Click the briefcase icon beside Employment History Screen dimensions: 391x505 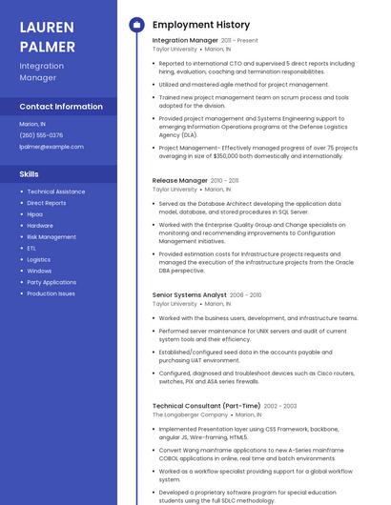[x=135, y=25]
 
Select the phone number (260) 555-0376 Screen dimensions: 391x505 [x=41, y=135]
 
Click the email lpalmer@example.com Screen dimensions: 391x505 [x=51, y=147]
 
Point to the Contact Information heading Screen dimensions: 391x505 [x=61, y=107]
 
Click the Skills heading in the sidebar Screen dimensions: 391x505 [x=30, y=174]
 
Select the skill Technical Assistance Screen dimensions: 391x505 [x=55, y=192]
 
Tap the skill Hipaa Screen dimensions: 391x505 [x=34, y=214]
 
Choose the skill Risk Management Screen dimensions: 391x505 [x=51, y=236]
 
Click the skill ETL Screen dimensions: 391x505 [x=31, y=248]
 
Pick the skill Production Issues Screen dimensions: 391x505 [x=51, y=293]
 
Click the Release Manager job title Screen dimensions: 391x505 [x=180, y=180]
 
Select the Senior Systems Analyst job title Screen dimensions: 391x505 [x=190, y=295]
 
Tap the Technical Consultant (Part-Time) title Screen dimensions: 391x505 [x=206, y=406]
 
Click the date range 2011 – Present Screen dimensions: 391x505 [x=239, y=41]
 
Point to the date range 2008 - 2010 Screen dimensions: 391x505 [x=246, y=295]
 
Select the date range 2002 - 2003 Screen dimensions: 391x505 [x=280, y=406]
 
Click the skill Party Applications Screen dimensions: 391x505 [x=51, y=282]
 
